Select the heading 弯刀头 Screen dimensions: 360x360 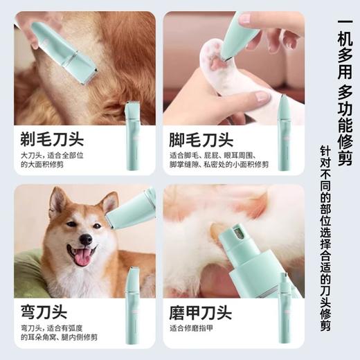[x=41, y=309]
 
